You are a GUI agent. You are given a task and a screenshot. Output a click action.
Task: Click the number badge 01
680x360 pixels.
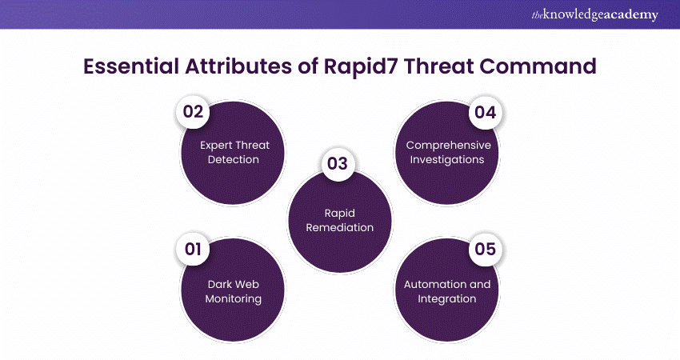click(193, 250)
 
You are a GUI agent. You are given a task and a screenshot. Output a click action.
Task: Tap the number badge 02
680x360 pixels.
click(193, 112)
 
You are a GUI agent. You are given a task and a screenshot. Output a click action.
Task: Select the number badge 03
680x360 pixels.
click(338, 163)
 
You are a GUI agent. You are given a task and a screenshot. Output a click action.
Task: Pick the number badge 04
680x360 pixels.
click(486, 113)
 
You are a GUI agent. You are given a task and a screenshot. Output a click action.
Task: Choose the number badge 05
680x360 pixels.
click(486, 250)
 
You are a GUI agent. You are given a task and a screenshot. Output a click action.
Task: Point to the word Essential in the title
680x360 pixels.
click(131, 66)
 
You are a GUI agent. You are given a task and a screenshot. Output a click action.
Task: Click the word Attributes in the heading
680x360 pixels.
click(238, 66)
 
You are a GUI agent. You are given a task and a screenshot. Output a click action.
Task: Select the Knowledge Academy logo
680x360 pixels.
click(595, 14)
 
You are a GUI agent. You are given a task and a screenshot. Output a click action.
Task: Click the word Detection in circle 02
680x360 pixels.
click(234, 160)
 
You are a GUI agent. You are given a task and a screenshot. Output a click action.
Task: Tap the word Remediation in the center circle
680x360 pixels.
click(339, 227)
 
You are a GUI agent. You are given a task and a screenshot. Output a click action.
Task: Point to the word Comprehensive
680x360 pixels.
click(449, 146)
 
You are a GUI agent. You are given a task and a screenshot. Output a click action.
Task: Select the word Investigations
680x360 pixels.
click(447, 160)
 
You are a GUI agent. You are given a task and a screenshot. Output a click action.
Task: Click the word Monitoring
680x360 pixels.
click(234, 299)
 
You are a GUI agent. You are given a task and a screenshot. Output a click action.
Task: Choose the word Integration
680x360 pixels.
click(447, 299)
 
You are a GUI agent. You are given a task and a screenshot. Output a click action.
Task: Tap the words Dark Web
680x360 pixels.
click(234, 285)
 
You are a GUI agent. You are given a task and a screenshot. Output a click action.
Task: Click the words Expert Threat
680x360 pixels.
click(234, 146)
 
